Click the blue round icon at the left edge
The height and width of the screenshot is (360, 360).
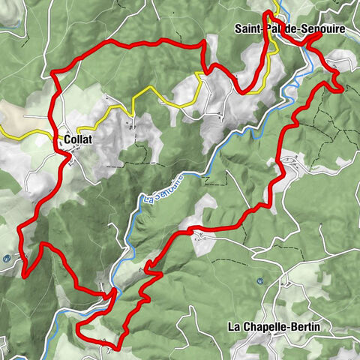tap(7, 258)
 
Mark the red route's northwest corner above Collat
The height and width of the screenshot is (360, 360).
tap(53, 73)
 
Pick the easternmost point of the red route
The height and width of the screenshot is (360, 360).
tap(343, 89)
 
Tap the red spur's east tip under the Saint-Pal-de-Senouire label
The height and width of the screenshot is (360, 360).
tap(320, 34)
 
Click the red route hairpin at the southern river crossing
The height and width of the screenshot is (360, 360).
tap(114, 292)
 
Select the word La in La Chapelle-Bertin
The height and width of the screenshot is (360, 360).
tap(235, 326)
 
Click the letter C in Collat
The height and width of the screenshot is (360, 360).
tap(67, 139)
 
